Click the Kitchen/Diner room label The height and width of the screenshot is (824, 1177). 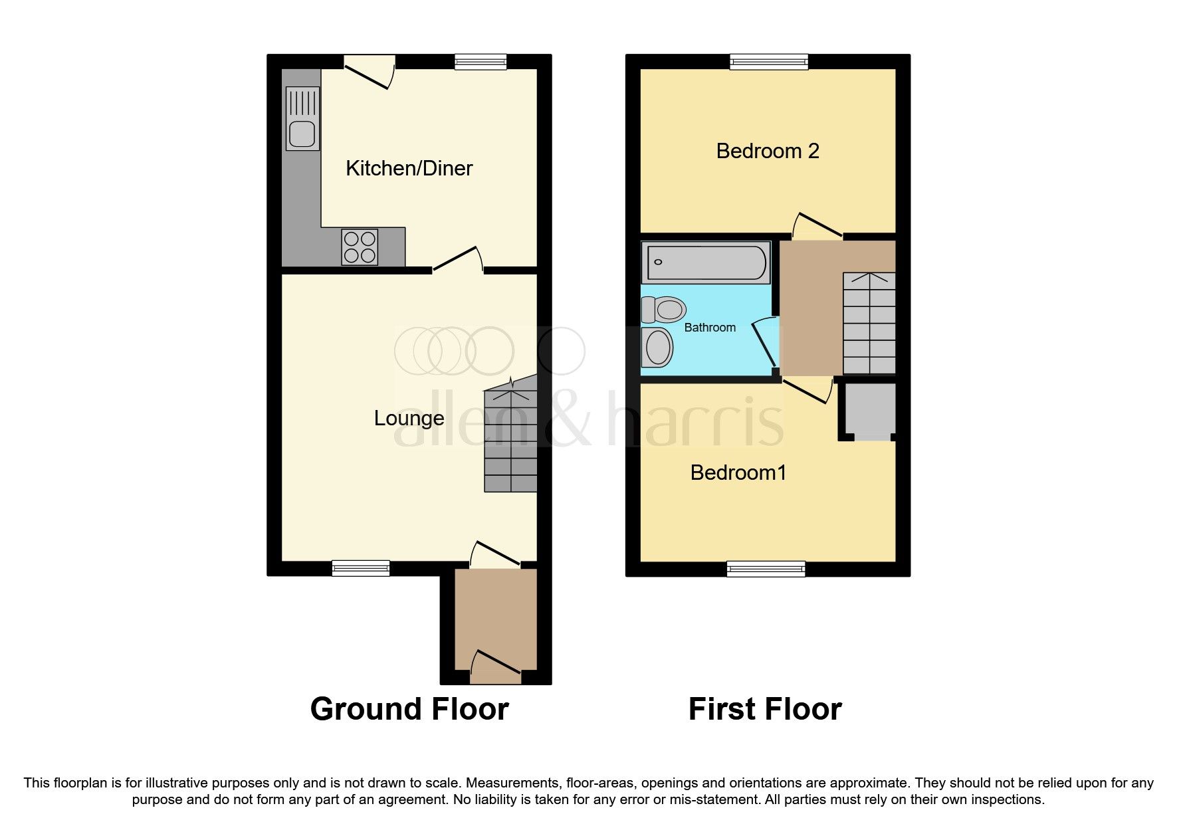[409, 168]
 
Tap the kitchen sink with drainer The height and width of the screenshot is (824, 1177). [302, 119]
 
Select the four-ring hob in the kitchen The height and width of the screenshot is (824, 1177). [360, 247]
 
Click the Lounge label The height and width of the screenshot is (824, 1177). [409, 418]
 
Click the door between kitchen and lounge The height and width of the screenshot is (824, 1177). [457, 260]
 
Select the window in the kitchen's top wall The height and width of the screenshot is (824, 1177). [481, 62]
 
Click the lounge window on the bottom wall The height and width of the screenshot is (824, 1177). [361, 567]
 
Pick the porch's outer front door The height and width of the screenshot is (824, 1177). [496, 667]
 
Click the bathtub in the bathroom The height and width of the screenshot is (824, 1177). [705, 262]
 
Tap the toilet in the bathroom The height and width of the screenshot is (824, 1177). [664, 309]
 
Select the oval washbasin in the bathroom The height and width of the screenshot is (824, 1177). [659, 347]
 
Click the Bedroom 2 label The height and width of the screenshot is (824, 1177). [767, 151]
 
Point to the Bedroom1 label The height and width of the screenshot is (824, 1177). [738, 472]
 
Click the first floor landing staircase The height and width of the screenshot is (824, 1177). [869, 323]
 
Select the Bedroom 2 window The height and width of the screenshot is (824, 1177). [769, 62]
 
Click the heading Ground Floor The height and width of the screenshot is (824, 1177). [409, 709]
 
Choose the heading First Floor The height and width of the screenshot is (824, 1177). [764, 709]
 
